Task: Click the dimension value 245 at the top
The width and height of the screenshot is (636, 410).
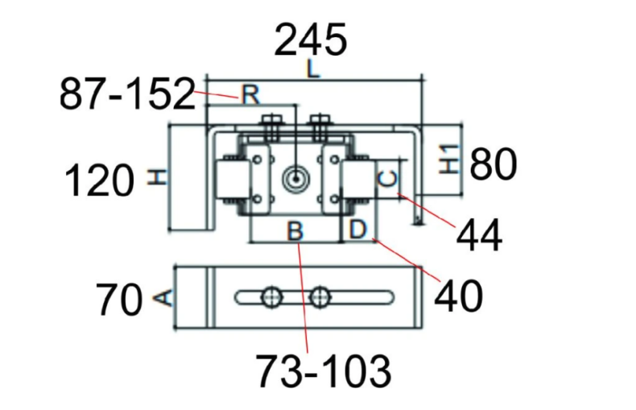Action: tap(311, 39)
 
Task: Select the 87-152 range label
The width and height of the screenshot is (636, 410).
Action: tap(127, 96)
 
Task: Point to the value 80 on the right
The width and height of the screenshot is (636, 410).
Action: tap(493, 164)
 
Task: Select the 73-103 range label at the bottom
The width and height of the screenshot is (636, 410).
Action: tap(324, 371)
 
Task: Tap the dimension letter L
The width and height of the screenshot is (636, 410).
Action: tap(312, 70)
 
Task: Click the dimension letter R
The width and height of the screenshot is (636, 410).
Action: tap(250, 95)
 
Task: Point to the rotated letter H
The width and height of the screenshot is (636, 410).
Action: tap(159, 177)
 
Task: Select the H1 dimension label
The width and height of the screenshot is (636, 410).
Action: tap(448, 159)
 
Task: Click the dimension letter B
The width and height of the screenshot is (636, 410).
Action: tap(295, 231)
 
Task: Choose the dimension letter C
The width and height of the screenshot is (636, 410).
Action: tap(388, 178)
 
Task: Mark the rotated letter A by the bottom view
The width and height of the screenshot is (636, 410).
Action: tap(161, 299)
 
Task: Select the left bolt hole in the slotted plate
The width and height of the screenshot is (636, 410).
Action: tap(272, 297)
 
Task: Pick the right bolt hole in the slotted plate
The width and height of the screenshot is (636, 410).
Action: tap(323, 297)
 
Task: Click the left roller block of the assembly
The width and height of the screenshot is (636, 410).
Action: tap(231, 178)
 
